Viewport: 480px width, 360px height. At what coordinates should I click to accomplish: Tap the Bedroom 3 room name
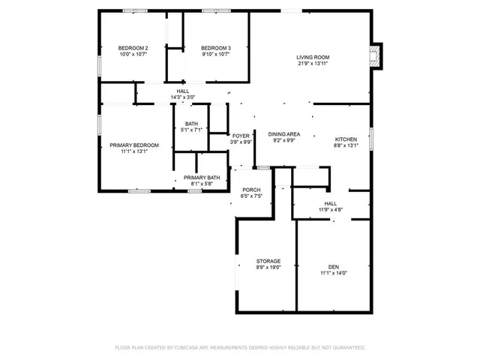click(x=216, y=48)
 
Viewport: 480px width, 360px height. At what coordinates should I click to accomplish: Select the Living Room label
click(x=313, y=56)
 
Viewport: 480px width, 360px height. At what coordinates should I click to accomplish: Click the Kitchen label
click(x=346, y=139)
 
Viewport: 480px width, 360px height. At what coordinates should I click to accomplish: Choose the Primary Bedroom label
click(x=134, y=145)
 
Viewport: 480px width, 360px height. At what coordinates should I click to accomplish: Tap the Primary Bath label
click(x=202, y=177)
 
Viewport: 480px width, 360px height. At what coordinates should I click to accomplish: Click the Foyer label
click(x=240, y=136)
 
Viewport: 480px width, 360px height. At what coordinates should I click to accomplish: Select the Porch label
click(x=250, y=190)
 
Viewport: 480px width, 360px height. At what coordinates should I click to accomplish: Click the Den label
click(x=334, y=266)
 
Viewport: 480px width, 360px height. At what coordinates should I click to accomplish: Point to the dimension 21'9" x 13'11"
click(x=313, y=63)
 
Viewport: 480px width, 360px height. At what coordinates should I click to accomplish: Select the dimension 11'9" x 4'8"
click(x=330, y=210)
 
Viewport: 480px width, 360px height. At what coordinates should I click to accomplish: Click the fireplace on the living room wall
click(x=376, y=54)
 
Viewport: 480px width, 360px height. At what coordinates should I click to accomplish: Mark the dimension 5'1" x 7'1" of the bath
click(x=192, y=130)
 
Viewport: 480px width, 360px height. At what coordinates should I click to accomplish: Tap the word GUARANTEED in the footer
click(x=347, y=347)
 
